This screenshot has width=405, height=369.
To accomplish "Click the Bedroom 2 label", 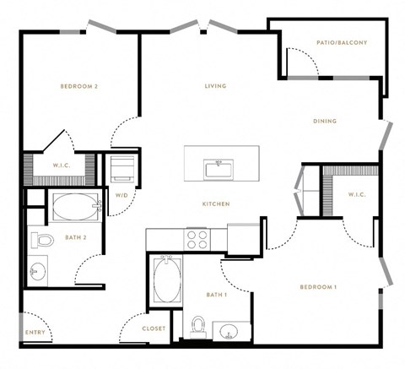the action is pyautogui.click(x=79, y=86).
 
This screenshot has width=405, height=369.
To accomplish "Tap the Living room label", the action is pyautogui.click(x=215, y=86).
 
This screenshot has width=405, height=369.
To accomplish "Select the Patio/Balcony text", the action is pyautogui.click(x=342, y=43).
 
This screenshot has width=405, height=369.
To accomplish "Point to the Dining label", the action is pyautogui.click(x=325, y=121).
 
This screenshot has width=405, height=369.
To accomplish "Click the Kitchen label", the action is pyautogui.click(x=216, y=203).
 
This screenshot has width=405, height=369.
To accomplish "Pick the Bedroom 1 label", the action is pyautogui.click(x=318, y=287).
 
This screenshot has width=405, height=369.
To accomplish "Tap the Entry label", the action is pyautogui.click(x=35, y=333).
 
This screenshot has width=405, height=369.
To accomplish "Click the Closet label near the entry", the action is pyautogui.click(x=154, y=328).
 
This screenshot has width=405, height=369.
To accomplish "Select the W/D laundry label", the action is pyautogui.click(x=121, y=195).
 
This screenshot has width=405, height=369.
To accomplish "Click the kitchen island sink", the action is pyautogui.click(x=219, y=168).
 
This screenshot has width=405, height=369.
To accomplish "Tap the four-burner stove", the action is pyautogui.click(x=197, y=240).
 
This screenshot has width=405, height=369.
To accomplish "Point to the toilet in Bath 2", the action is pyautogui.click(x=42, y=240).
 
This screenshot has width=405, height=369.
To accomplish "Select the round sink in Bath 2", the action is pyautogui.click(x=37, y=271).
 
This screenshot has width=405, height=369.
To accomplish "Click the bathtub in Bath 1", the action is pyautogui.click(x=167, y=279).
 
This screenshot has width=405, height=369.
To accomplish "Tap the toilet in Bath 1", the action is pyautogui.click(x=198, y=327).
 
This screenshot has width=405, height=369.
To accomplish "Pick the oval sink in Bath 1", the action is pyautogui.click(x=229, y=331).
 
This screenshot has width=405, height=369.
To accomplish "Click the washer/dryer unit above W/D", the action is pyautogui.click(x=122, y=169).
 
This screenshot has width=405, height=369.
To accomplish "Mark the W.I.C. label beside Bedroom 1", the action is pyautogui.click(x=357, y=194).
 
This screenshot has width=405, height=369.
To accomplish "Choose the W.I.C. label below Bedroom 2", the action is pyautogui.click(x=62, y=166).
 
